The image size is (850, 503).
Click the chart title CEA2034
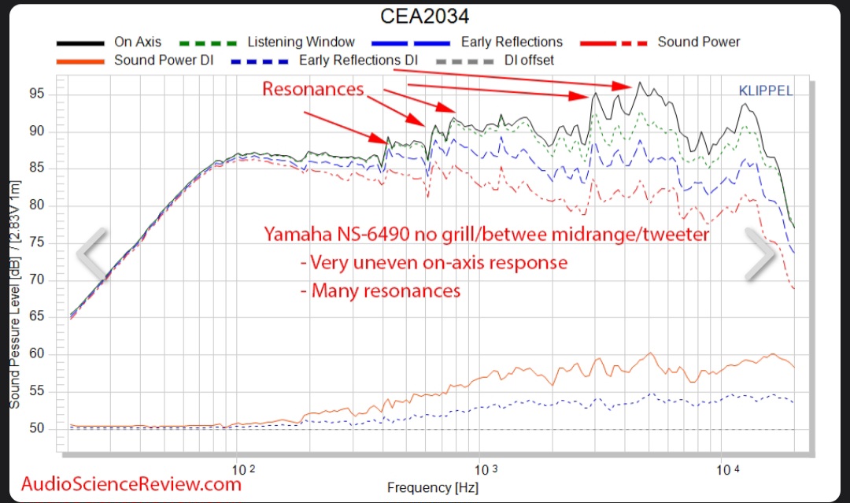(425, 17)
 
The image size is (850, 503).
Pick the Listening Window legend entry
(301, 42)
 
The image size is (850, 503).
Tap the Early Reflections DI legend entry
(358, 60)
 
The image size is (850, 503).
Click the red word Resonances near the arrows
(313, 89)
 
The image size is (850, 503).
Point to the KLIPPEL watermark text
(765, 91)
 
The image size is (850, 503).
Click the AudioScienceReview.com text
(131, 483)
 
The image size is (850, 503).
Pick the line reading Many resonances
(386, 290)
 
